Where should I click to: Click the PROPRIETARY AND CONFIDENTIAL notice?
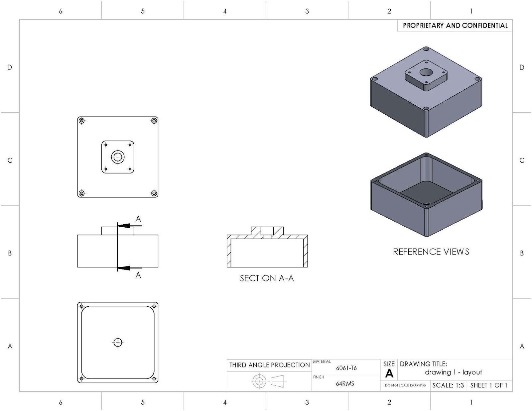455,26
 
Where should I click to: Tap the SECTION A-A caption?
267,278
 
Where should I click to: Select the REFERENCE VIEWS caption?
431,252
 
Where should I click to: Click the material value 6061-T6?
346,368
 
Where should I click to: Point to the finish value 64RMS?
345,383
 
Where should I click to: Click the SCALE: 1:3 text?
448,385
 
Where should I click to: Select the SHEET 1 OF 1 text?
488,385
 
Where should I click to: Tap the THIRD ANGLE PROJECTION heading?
269,365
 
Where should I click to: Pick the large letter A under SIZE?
389,374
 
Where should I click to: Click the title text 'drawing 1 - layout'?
453,372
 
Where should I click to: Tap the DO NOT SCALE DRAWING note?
405,385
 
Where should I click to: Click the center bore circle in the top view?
118,157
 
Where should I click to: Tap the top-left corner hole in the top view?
81,121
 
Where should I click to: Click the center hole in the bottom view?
118,342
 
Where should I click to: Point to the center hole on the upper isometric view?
426,72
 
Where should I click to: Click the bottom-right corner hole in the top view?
154,193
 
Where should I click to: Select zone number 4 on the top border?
225,11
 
